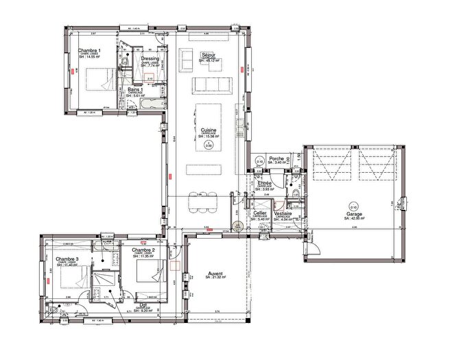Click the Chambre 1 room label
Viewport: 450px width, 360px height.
(89, 51)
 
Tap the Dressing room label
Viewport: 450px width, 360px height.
(150, 59)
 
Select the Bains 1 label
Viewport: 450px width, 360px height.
(135, 90)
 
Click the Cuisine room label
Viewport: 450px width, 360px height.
(205, 130)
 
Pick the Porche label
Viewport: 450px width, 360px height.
(276, 158)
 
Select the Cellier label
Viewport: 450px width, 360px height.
(259, 213)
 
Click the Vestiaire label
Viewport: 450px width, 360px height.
(283, 213)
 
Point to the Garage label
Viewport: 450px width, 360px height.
(354, 214)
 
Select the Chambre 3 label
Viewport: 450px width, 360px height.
(68, 259)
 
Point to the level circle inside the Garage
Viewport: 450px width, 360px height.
(353, 205)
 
